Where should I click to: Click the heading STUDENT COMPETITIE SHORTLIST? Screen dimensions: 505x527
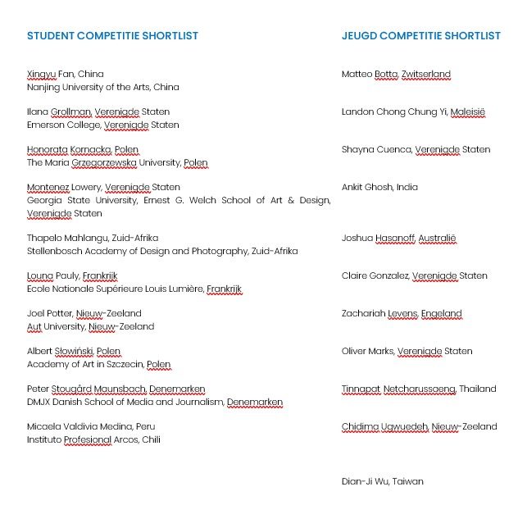coord(112,36)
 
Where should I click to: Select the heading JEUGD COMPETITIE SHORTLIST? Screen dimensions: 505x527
coord(420,36)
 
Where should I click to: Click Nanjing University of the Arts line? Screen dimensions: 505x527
coord(102,87)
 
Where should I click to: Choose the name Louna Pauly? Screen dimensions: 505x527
coord(52,275)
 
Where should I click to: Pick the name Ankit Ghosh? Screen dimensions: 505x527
coord(366,187)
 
